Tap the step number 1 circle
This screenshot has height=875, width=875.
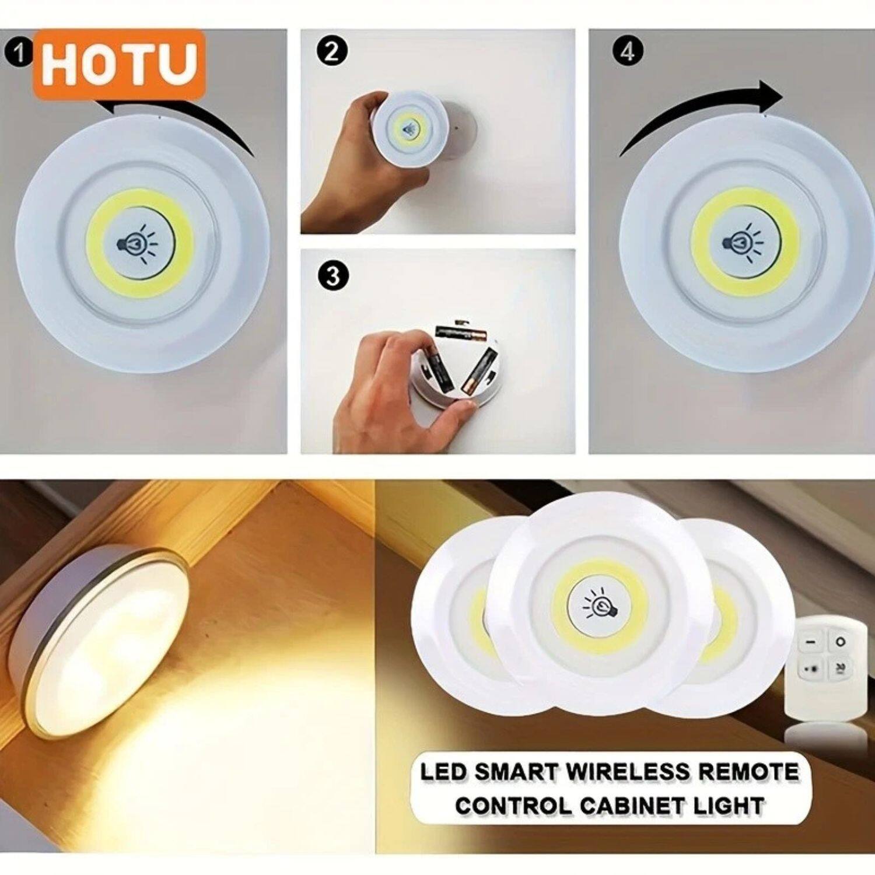(19, 54)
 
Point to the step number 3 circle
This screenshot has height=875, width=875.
(333, 275)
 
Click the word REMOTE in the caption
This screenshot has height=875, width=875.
(748, 772)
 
